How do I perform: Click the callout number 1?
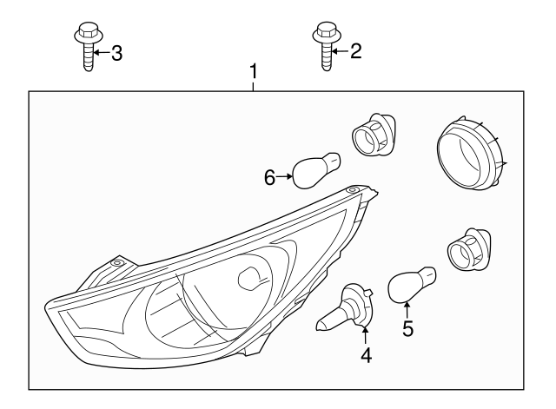254,70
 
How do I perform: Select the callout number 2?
354,52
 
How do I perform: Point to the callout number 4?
366,355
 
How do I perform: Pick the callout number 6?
270,177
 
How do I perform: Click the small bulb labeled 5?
411,286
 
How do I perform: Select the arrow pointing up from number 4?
366,337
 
